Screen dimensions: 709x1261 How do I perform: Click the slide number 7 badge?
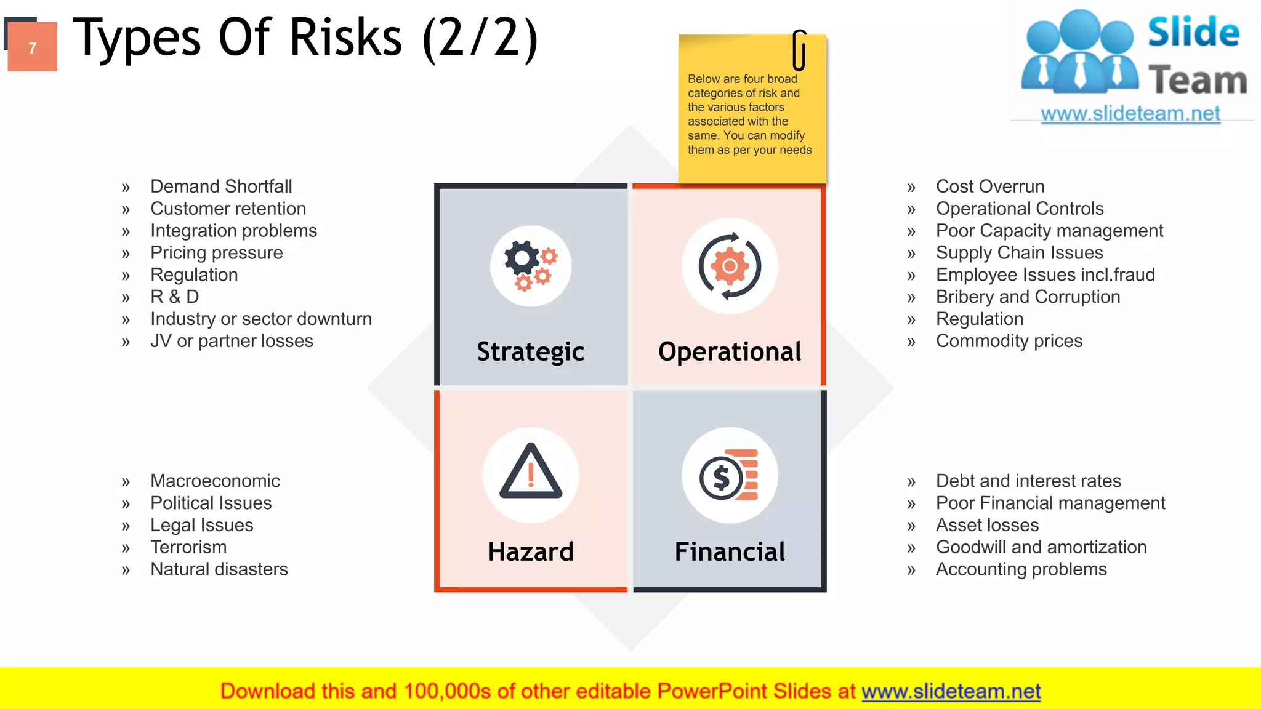32,47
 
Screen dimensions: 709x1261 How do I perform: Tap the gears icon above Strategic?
530,266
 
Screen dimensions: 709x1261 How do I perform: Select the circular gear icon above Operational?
730,266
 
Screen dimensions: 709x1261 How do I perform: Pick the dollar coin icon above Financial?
730,475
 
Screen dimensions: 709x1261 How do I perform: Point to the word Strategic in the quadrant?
530,351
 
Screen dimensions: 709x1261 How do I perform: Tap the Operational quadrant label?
730,351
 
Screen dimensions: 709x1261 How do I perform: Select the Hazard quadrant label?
530,551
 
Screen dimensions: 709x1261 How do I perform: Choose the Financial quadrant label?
730,551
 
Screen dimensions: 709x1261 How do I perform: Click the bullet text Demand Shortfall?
221,186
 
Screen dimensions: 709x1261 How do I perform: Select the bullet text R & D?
175,297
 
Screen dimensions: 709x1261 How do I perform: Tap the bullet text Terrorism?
188,547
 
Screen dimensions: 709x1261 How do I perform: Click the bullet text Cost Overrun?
990,186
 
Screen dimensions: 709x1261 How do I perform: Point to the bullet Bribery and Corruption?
1028,297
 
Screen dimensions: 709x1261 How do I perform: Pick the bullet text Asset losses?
987,525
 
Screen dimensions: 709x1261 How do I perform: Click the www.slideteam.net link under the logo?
1130,114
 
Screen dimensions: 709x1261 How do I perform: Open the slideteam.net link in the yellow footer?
951,691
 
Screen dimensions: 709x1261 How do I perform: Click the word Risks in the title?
345,38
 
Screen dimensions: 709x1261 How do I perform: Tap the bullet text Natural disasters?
219,569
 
